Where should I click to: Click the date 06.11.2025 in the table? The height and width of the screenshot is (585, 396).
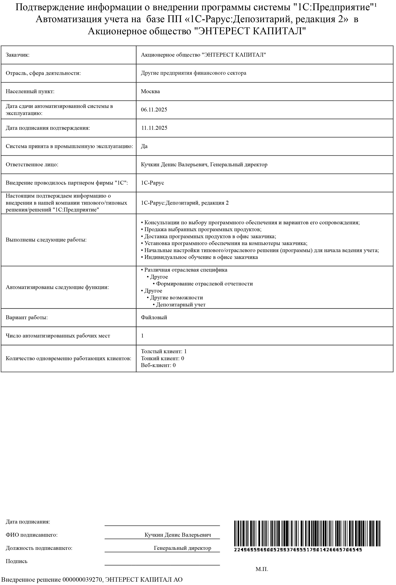click(154, 110)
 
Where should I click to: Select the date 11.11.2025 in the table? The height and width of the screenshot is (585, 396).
click(154, 128)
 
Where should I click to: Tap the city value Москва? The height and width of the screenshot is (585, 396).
click(150, 91)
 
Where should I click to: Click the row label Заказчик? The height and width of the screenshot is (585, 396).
click(18, 55)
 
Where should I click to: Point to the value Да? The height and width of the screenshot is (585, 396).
click(144, 146)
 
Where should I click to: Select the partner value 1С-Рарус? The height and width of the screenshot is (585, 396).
click(152, 183)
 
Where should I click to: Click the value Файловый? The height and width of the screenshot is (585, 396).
click(154, 317)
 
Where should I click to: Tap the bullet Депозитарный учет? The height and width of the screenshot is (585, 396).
click(181, 305)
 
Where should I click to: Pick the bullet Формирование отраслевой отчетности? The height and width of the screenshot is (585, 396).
click(204, 284)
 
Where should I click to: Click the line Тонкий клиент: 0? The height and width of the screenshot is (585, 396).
click(162, 358)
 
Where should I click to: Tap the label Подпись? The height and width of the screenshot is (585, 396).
click(17, 561)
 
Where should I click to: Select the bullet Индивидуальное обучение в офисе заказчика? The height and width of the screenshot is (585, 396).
click(201, 257)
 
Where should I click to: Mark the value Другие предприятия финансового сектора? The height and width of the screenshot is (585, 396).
click(193, 73)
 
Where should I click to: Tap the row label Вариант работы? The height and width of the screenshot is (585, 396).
click(27, 317)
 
